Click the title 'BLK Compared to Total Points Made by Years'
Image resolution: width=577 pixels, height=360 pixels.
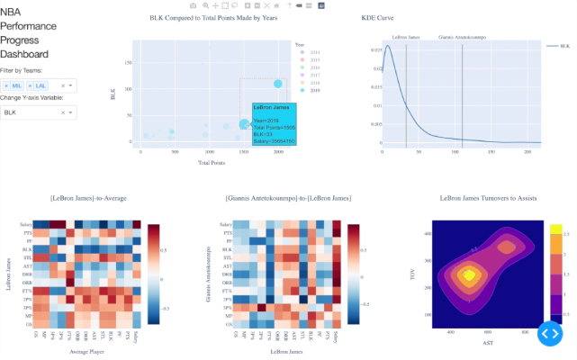(x=213, y=18)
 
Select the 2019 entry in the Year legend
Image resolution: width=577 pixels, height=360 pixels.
(x=314, y=90)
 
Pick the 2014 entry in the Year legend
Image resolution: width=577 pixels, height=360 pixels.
(x=314, y=51)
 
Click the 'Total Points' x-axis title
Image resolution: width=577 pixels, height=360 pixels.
(x=212, y=163)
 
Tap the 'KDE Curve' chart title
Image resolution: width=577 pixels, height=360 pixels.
(x=377, y=18)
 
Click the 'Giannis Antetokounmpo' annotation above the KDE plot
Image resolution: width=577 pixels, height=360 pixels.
(x=462, y=38)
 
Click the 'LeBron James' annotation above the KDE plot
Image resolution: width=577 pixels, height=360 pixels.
(x=406, y=38)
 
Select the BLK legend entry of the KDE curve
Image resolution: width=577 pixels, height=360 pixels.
(x=558, y=44)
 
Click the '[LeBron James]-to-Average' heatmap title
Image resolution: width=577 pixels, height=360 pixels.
(x=89, y=197)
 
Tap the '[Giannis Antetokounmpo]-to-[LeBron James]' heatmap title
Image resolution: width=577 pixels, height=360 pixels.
(x=288, y=197)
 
